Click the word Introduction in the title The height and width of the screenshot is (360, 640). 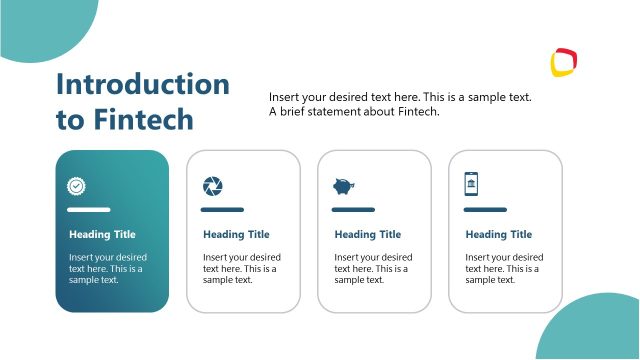143,84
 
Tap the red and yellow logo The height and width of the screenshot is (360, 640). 565,63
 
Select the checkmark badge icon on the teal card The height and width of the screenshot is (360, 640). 76,186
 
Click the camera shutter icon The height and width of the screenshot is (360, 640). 213,186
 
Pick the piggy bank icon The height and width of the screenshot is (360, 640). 343,186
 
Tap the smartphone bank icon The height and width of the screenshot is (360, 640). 471,184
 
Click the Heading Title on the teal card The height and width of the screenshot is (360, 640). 102,235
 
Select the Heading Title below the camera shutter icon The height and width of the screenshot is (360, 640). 236,235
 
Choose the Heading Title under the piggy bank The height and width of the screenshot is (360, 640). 367,235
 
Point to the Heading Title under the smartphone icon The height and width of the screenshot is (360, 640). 499,235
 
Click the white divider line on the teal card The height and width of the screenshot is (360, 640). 88,210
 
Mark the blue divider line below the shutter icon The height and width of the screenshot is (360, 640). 222,210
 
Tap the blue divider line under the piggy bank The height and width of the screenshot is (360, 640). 353,210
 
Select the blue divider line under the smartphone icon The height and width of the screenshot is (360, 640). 485,210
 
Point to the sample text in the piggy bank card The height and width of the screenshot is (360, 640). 373,269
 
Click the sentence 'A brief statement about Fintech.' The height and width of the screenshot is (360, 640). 354,112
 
